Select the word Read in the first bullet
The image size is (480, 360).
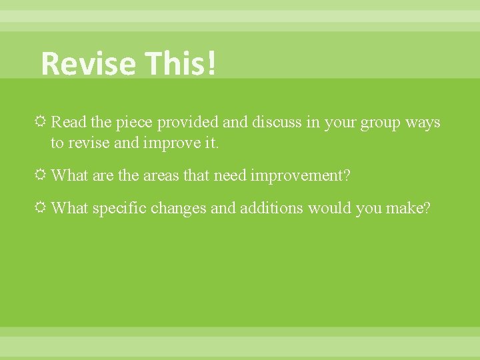[x=67, y=123]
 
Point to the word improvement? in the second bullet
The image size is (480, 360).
[x=300, y=175]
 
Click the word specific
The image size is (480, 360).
[x=119, y=209]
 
